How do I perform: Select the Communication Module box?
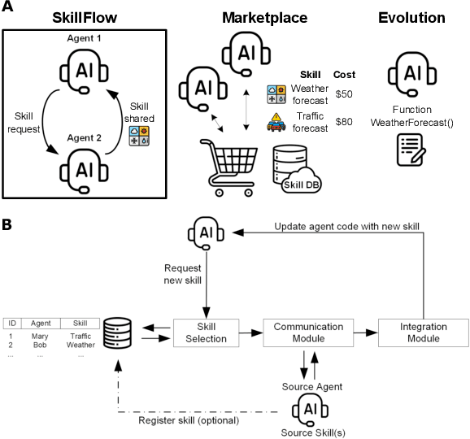click(304, 331)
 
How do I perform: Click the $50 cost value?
click(344, 94)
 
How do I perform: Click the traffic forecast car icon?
click(277, 125)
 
